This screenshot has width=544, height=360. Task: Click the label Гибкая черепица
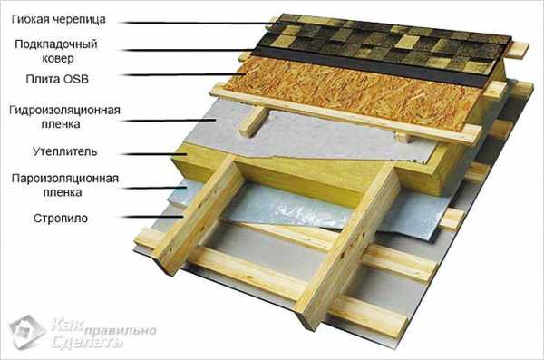point(58,19)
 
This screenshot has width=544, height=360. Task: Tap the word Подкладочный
point(56,44)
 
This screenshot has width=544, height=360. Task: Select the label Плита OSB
point(57,79)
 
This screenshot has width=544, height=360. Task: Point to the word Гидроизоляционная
point(64,110)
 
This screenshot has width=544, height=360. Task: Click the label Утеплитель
point(65,151)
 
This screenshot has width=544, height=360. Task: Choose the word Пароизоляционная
point(65,179)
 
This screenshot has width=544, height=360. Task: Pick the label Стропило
point(61,219)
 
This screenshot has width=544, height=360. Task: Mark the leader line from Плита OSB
point(185,74)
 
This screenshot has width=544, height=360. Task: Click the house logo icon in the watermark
point(27,332)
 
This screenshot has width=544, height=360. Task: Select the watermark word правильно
point(120,330)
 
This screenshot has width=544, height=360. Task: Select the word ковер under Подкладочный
point(58,58)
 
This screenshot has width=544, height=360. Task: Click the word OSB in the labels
point(76,79)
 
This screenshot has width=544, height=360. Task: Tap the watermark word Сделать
point(87,342)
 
